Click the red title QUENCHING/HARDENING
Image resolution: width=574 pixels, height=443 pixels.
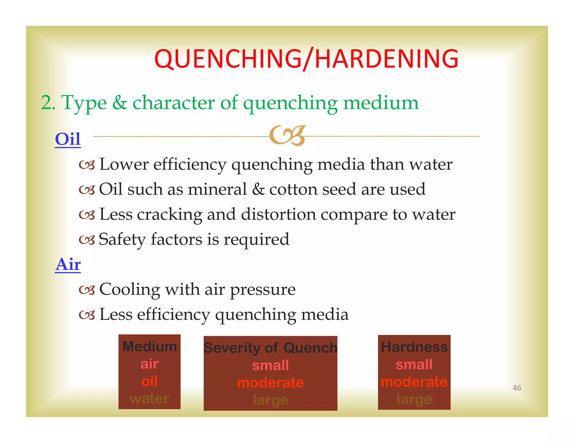tap(306, 59)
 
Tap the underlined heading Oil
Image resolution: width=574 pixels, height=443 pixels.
tap(68, 139)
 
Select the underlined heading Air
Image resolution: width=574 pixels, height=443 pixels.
tap(68, 264)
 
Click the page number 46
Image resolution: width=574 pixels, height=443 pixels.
tap(517, 388)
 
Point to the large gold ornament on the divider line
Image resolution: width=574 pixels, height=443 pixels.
tap(287, 136)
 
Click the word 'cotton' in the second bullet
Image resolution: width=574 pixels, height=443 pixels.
tap(293, 189)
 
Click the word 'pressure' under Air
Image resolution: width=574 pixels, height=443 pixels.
tap(263, 290)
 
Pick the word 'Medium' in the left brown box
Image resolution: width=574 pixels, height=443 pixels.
tap(149, 347)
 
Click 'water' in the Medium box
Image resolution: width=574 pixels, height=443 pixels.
tap(149, 398)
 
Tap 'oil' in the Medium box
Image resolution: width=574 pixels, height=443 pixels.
tap(149, 381)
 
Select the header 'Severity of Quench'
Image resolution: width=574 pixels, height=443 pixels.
tap(270, 348)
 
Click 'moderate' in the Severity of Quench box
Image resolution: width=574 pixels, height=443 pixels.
tap(270, 383)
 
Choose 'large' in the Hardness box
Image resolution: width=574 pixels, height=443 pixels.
tap(414, 399)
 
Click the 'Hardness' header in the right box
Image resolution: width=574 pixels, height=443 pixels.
tap(414, 347)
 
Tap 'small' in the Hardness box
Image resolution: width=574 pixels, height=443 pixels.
tap(414, 365)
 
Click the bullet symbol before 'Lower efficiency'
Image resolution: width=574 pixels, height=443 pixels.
tap(87, 165)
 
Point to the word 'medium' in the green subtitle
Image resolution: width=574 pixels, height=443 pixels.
tap(381, 103)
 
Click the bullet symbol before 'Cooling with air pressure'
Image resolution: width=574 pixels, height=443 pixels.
tap(87, 290)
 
